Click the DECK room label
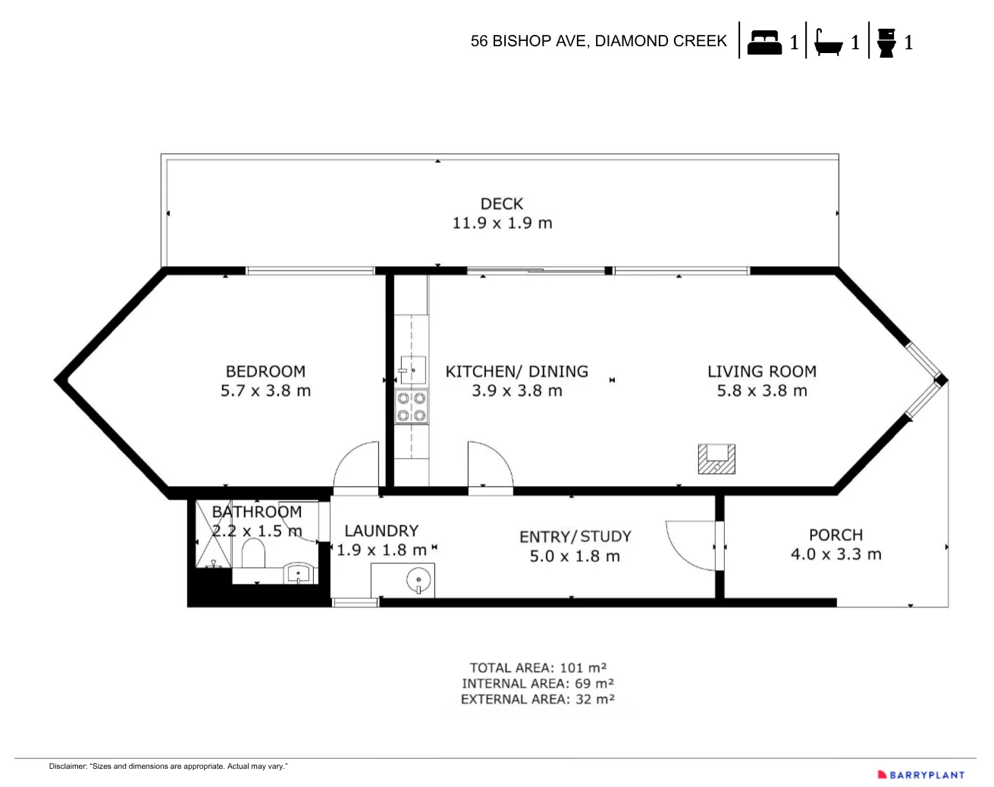coord(501,203)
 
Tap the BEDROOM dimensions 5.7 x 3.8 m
coord(265,391)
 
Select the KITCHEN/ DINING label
coord(516,372)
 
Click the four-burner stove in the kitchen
coord(411,406)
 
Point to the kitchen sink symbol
coord(412,369)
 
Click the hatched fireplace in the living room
coord(716,459)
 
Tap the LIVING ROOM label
coord(761,372)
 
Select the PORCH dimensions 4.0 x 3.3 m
coord(836,554)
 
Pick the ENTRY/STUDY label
coord(575,537)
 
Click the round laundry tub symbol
coord(418,582)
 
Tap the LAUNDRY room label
coord(381,531)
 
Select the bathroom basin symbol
coord(299,574)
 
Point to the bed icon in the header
coord(764,42)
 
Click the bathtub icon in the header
coord(828,42)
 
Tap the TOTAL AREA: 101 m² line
coord(538,668)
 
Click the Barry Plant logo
coord(920,775)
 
